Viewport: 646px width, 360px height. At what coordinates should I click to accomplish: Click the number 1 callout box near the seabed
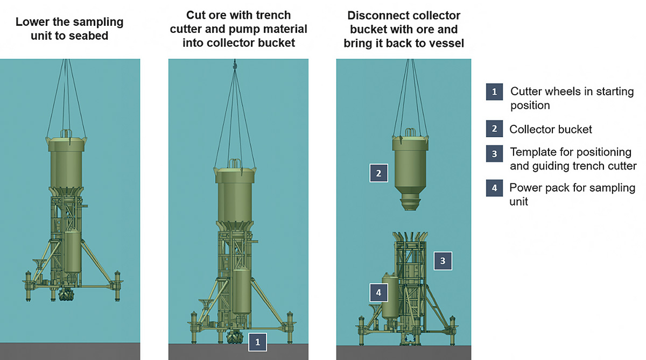point(257,342)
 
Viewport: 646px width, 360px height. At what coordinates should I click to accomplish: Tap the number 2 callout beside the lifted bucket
point(378,173)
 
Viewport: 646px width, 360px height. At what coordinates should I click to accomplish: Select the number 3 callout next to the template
point(443,261)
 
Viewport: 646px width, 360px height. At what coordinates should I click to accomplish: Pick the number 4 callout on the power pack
point(378,293)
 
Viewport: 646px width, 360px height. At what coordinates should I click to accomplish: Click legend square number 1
point(494,91)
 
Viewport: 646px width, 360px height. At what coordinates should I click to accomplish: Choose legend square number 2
point(494,129)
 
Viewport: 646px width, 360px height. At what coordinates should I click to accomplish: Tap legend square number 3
point(494,153)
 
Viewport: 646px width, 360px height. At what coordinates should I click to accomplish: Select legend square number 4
point(494,188)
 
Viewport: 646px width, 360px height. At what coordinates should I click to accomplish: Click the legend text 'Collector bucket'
point(551,129)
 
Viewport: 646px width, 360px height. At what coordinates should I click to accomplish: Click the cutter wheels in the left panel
point(67,295)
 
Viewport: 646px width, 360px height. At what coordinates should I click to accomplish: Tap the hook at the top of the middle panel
point(235,65)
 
